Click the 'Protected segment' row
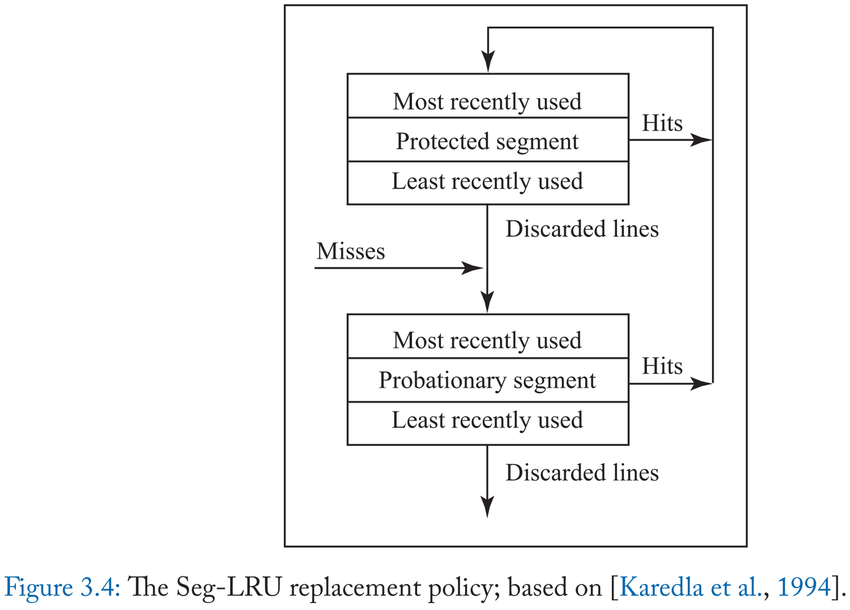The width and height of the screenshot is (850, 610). tap(488, 141)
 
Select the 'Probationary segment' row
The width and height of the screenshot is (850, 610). tap(488, 380)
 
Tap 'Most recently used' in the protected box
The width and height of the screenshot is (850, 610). tap(488, 101)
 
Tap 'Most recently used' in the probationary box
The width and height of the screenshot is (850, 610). tap(488, 340)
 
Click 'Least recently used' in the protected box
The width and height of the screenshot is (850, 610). tap(488, 181)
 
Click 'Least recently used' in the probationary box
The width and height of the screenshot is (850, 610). tap(488, 420)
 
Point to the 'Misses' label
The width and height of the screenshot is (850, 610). tap(351, 251)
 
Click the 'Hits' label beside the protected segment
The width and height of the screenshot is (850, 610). tap(662, 123)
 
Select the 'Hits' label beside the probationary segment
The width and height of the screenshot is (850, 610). tap(662, 366)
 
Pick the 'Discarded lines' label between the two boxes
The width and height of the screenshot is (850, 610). tap(582, 229)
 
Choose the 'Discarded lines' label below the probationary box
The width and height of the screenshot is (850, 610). tap(582, 472)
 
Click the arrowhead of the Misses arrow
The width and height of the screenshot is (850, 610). tap(473, 268)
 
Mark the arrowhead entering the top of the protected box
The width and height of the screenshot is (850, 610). tap(488, 61)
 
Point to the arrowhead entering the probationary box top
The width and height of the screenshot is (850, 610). tap(487, 302)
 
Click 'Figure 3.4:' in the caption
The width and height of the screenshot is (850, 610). tap(63, 587)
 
